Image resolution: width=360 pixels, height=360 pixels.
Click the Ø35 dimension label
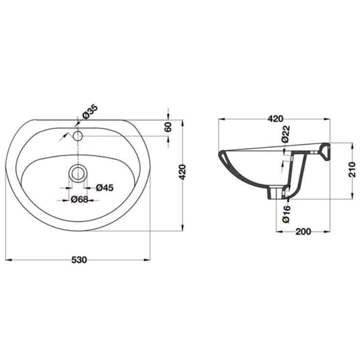[90, 112]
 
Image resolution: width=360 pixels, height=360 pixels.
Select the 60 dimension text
[168, 127]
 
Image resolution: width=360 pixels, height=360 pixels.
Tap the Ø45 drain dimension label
[105, 188]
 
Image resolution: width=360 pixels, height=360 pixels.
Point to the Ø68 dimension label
[79, 199]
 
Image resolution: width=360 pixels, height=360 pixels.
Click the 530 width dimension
[79, 260]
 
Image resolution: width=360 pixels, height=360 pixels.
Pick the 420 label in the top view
[182, 172]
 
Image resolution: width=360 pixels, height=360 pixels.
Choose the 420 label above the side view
[276, 119]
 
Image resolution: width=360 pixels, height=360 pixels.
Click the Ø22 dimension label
[286, 134]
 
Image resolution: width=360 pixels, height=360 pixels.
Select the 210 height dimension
[352, 169]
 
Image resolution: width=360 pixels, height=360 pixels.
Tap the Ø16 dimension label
[286, 214]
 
